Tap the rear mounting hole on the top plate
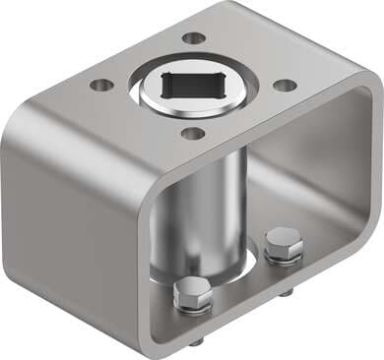(195, 38)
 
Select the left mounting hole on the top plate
(101, 85)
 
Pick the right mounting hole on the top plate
(285, 85)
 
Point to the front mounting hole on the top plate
(193, 133)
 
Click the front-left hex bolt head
(190, 294)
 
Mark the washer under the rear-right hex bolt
(283, 259)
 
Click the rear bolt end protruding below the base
(286, 292)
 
